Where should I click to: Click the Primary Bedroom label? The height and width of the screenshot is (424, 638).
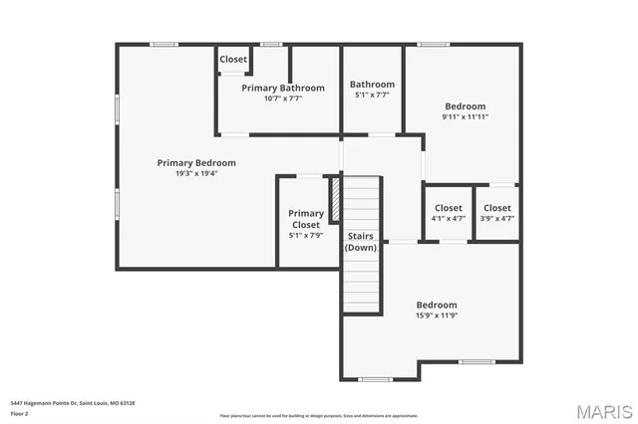(x=196, y=162)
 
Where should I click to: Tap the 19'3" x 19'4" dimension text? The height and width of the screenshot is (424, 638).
(x=196, y=173)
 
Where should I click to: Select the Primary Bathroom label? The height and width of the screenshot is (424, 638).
(x=283, y=88)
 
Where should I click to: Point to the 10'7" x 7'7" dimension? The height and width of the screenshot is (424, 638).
(x=283, y=99)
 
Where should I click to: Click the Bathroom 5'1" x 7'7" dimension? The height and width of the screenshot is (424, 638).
(x=372, y=96)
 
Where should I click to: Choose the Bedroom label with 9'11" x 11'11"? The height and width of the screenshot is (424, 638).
(x=465, y=106)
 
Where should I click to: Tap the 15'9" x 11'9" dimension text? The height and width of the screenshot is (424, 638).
(x=437, y=316)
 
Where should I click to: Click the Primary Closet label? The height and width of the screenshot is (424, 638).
(x=306, y=219)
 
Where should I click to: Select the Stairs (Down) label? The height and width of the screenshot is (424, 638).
(x=361, y=241)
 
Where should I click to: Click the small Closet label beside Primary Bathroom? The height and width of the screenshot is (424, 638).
(x=233, y=60)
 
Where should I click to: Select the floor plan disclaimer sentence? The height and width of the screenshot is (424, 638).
(x=318, y=415)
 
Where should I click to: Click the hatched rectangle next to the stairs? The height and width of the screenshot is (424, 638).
(x=337, y=199)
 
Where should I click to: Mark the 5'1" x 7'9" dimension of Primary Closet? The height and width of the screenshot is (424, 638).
(x=306, y=236)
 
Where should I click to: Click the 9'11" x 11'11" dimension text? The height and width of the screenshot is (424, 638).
(x=465, y=116)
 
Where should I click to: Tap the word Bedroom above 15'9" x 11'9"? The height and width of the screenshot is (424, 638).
(x=437, y=305)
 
